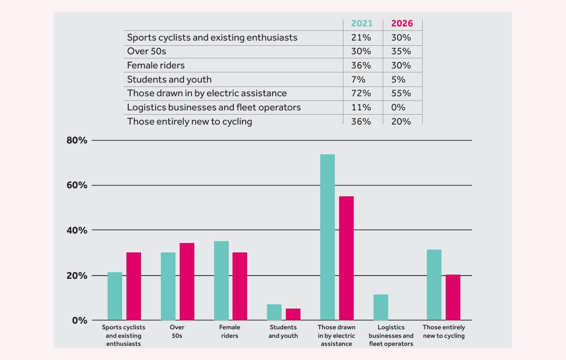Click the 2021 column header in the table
coord(362,23)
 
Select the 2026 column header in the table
coord(402,23)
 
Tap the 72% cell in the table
coord(361,93)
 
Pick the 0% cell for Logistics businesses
coord(398,107)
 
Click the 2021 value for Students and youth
coord(358,80)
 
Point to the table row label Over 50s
coord(147,51)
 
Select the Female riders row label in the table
coord(156,66)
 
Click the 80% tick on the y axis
coord(77,140)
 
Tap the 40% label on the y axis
coord(77,230)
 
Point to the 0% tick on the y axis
coord(80,320)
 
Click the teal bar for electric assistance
coord(327,237)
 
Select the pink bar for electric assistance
coord(346,258)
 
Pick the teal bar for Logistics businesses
coord(381,307)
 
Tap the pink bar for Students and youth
coord(293,314)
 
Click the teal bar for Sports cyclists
coord(115,296)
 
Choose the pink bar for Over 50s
coord(187,282)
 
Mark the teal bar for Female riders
coord(221,281)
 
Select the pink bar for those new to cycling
coord(453,297)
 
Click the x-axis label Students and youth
coord(283,331)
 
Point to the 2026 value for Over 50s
coord(401,51)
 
